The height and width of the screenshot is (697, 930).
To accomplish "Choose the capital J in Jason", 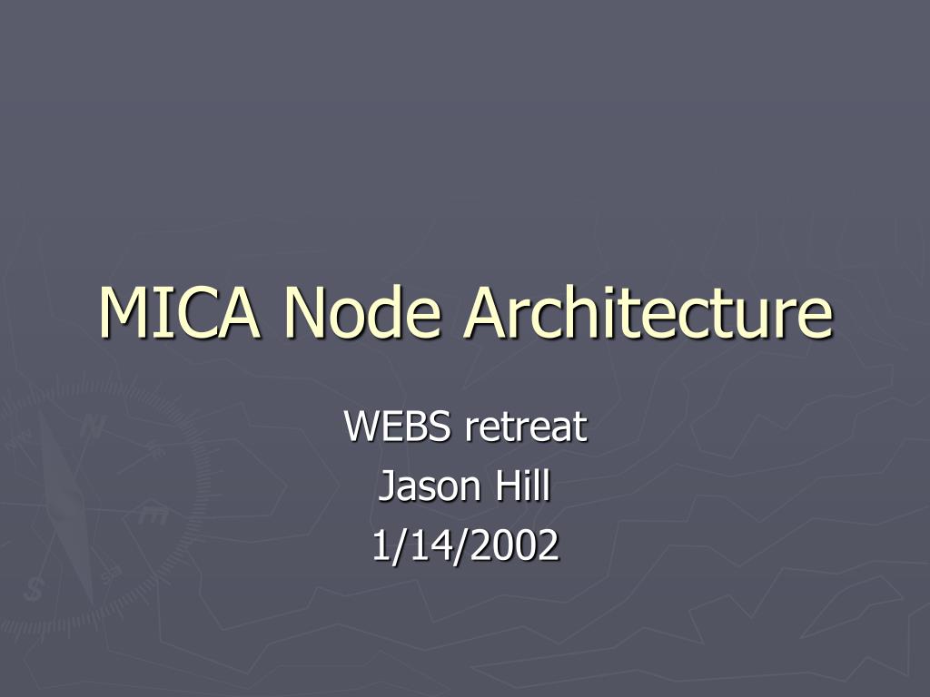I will coord(385,487).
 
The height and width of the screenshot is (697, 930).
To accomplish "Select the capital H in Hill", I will coord(504,486).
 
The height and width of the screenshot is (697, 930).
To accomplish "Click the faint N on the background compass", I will coord(90,427).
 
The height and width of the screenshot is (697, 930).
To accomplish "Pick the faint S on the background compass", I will coord(34,588).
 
